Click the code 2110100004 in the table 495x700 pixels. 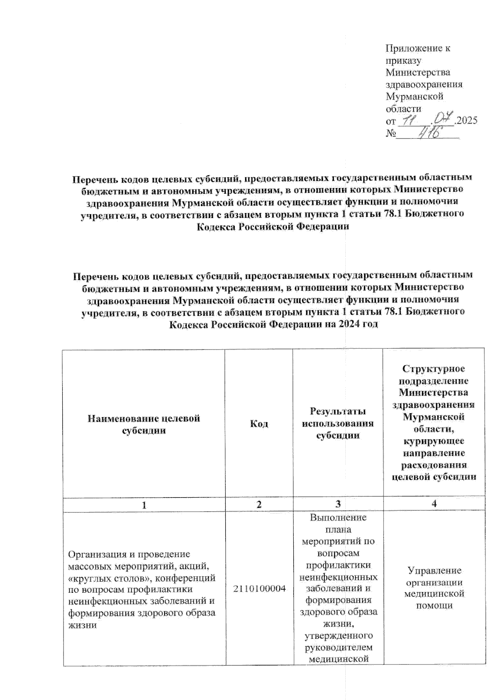(259, 589)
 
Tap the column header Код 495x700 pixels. (259, 423)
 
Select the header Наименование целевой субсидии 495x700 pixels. (144, 424)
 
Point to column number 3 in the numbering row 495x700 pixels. (338, 504)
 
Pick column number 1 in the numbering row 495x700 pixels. (144, 504)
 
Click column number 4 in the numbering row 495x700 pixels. (434, 504)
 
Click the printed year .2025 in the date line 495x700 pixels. (465, 121)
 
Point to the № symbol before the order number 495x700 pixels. (390, 134)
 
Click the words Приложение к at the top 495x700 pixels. (417, 48)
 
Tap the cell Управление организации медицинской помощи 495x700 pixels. (434, 588)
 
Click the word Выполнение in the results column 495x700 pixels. (338, 517)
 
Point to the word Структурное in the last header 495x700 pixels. (434, 368)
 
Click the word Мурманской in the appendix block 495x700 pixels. (414, 96)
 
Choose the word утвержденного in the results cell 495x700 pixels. (338, 636)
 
